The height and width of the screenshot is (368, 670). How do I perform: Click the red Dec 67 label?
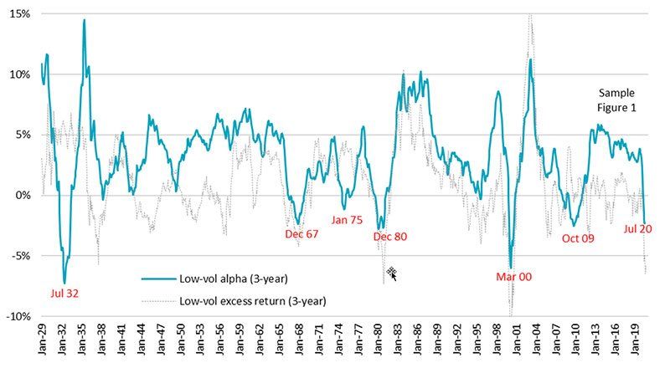tap(301, 234)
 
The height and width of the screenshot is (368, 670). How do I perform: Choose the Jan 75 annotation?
tap(346, 220)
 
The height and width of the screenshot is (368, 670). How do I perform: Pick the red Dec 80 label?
tap(389, 237)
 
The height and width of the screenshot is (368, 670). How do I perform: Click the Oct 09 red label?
tap(579, 238)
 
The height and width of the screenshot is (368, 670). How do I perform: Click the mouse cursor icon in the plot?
tap(391, 273)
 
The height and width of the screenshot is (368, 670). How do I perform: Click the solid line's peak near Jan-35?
tap(84, 19)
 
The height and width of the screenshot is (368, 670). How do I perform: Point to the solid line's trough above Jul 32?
tap(64, 283)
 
